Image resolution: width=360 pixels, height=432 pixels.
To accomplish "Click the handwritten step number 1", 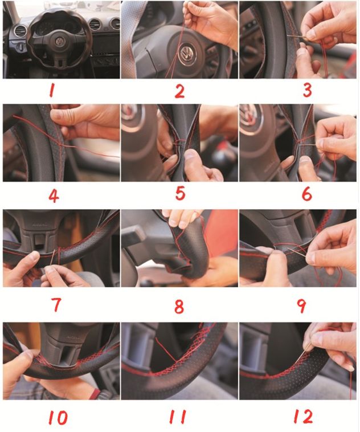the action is tap(52, 91).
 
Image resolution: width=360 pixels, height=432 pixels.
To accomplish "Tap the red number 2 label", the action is tap(179, 91).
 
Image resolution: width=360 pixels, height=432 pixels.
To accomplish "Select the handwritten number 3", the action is tap(307, 90).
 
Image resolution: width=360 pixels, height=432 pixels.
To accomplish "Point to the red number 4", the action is tap(54, 195).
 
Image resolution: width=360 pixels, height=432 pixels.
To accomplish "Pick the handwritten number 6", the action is tap(306, 194).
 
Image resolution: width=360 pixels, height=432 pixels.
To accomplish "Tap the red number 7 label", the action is tap(56, 304).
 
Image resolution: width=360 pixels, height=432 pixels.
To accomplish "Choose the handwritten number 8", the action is tap(179, 307).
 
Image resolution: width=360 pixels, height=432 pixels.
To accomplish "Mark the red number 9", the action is tap(301, 305).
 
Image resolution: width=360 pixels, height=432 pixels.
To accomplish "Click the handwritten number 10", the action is tap(58, 417).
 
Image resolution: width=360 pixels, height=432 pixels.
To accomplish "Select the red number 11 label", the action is tap(178, 417).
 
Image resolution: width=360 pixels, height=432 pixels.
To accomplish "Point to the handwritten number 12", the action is tap(303, 416).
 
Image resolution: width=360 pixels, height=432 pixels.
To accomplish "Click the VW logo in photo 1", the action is tap(59, 42).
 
